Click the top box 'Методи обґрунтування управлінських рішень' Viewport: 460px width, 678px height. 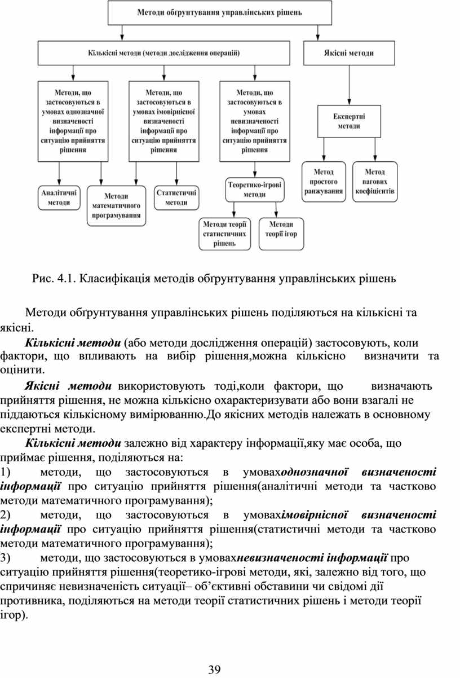pos(219,12)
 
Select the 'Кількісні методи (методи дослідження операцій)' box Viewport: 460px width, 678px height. pos(163,53)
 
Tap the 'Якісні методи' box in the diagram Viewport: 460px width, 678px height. pos(349,53)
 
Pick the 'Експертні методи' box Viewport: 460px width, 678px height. pos(349,121)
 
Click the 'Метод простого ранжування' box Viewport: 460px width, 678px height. pos(324,181)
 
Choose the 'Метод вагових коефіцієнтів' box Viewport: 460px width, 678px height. pos(375,181)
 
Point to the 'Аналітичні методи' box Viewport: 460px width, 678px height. pos(59,197)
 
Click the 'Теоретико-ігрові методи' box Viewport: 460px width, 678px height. pos(254,189)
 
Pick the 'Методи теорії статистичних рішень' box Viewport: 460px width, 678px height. pos(224,234)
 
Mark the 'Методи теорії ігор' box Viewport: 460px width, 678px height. pos(281,230)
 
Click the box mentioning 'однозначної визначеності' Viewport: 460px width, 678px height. pos(73,121)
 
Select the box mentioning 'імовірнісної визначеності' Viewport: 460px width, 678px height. pos(163,121)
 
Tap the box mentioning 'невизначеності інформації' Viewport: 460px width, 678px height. pos(255,121)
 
